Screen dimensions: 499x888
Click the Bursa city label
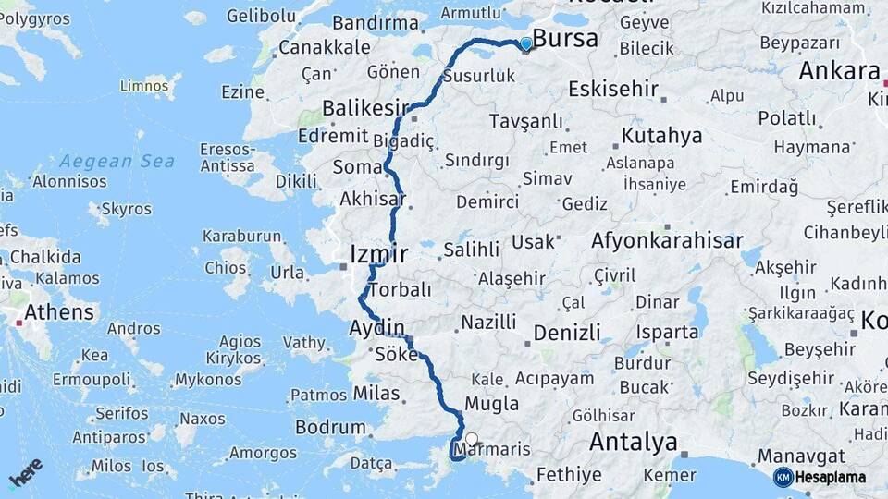(566, 39)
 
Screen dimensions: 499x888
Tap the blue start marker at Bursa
(525, 43)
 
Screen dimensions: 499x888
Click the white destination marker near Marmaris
(472, 440)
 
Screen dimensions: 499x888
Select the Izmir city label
(379, 251)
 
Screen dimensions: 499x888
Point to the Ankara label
(839, 71)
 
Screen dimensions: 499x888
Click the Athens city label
(59, 312)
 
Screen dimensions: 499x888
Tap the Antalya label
(633, 442)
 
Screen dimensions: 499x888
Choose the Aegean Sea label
(117, 161)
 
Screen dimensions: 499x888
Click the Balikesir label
(365, 110)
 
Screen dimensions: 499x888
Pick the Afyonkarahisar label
(667, 241)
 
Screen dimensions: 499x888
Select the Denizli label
(567, 332)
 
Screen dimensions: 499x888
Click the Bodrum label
(330, 427)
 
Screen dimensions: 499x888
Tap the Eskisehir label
(613, 89)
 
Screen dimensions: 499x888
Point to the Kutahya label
(662, 136)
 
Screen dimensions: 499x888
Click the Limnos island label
(143, 86)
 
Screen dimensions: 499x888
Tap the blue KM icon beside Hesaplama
(783, 477)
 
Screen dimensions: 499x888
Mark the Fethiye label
(569, 475)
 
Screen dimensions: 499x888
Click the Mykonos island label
(208, 379)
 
